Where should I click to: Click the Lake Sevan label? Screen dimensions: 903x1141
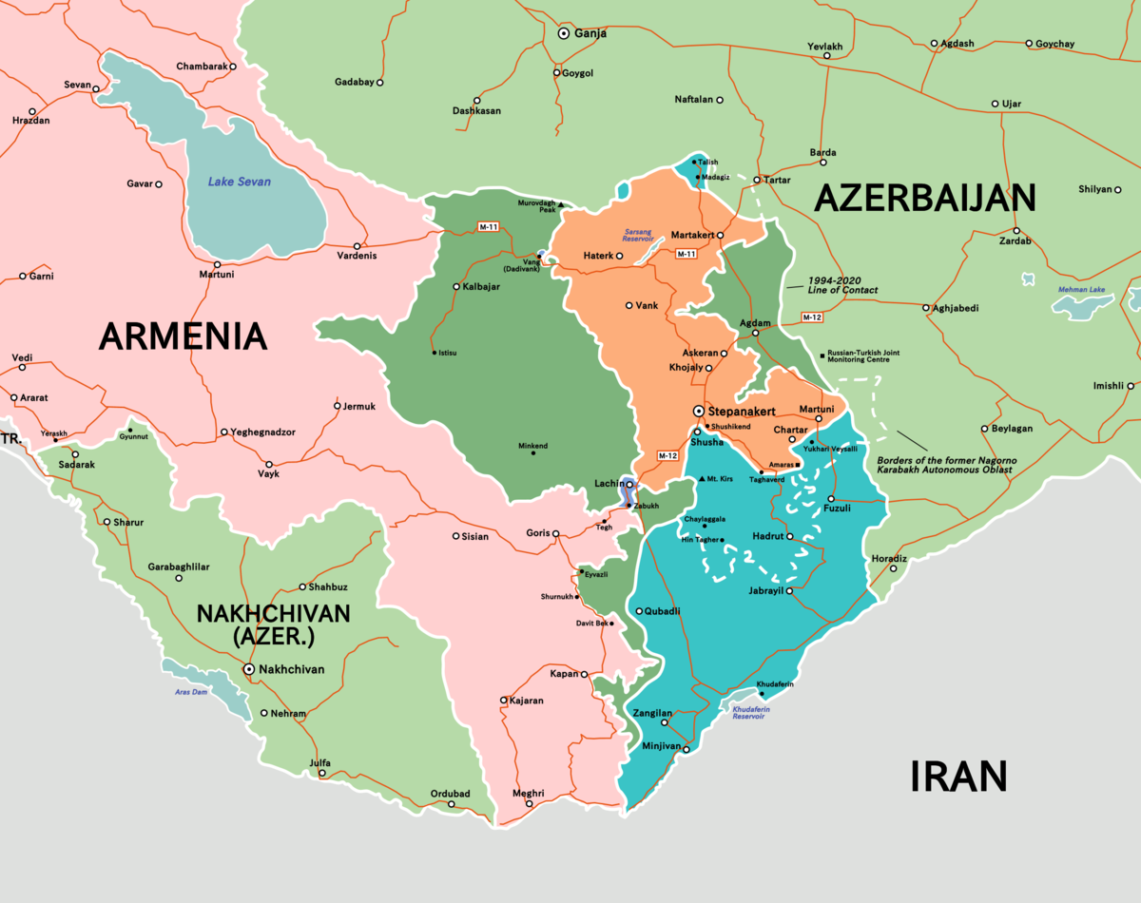coord(240,182)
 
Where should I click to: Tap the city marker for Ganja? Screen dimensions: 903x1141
coord(563,32)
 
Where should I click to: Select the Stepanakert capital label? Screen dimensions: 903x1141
coord(743,411)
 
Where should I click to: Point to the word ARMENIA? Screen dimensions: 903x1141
coord(182,336)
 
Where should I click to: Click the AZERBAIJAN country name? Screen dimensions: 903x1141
coord(924,198)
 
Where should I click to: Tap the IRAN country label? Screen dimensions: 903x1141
coord(957,777)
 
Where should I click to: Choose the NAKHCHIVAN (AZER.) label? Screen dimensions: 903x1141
coord(274,625)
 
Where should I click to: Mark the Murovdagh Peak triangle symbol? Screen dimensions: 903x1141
coord(561,204)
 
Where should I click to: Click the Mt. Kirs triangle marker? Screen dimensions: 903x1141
coord(702,478)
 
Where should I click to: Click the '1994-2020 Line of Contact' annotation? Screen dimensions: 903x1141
coord(842,284)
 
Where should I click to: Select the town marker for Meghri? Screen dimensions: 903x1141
coord(528,806)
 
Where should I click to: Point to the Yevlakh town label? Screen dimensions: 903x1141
coord(824,47)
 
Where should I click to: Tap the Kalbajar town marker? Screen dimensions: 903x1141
coord(456,286)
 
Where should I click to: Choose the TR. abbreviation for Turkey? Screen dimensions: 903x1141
coord(10,439)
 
